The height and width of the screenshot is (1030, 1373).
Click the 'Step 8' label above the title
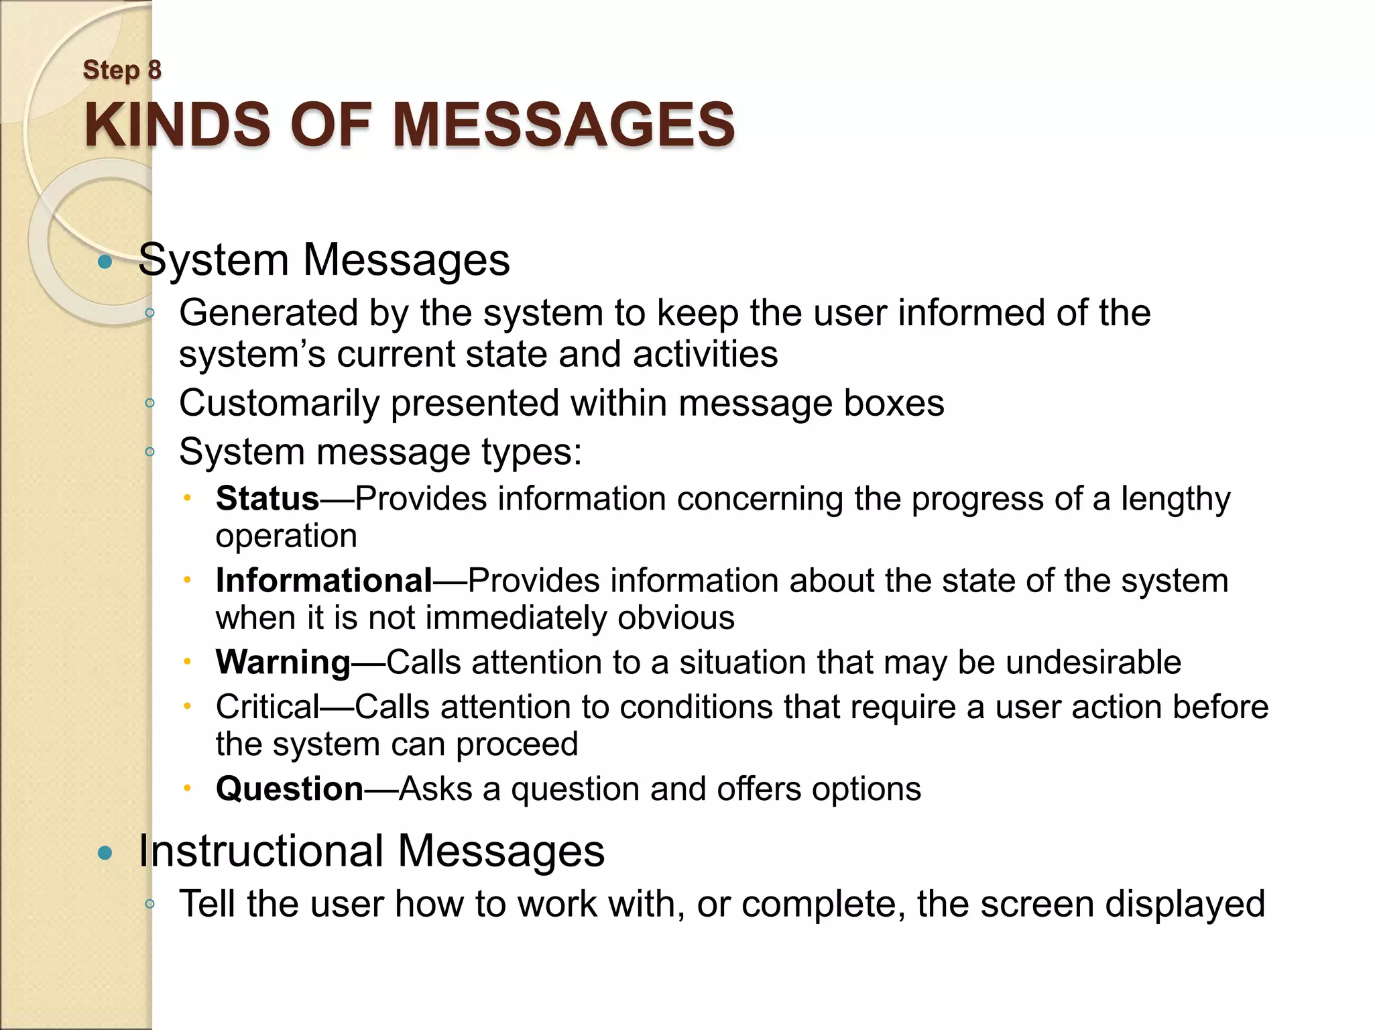coord(122,70)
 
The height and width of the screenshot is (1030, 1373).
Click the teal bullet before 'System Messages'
coord(105,262)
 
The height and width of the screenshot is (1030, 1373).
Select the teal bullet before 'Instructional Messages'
coord(105,853)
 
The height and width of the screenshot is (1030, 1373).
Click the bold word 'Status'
coord(267,499)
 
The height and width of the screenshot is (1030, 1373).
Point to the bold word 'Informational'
coord(324,581)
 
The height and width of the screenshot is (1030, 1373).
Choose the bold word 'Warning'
coord(283,663)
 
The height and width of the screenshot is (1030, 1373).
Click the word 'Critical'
coord(267,707)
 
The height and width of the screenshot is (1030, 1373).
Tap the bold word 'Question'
coord(290,789)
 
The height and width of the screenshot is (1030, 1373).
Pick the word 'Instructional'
coord(261,852)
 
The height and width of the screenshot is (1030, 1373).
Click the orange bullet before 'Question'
coord(188,787)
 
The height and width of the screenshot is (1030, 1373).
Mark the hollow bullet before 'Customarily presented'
coord(150,403)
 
